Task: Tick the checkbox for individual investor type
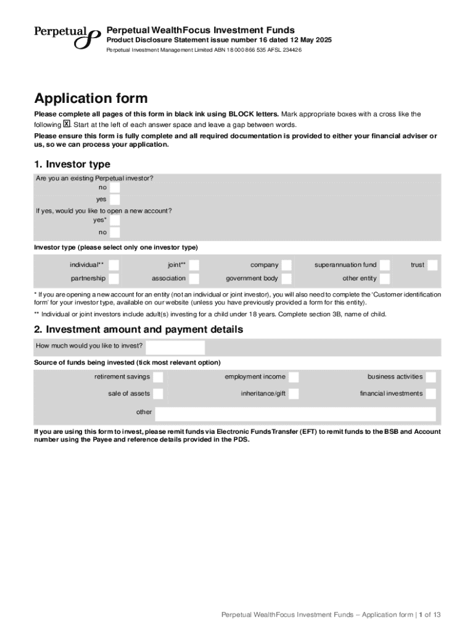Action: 114,265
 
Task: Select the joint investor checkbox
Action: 194,265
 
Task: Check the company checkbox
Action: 286,265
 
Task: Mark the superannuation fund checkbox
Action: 384,265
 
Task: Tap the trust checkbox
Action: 432,265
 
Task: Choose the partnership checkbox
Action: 114,279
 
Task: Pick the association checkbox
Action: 194,279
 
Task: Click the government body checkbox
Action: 286,279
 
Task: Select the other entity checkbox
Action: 384,279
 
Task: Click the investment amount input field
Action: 175,347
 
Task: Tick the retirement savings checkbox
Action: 158,377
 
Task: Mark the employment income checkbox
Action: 294,377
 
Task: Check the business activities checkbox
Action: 431,377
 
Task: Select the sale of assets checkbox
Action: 158,394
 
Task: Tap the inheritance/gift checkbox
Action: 294,394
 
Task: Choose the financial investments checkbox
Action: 431,394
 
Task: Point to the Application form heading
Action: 91,99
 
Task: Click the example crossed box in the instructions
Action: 67,124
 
